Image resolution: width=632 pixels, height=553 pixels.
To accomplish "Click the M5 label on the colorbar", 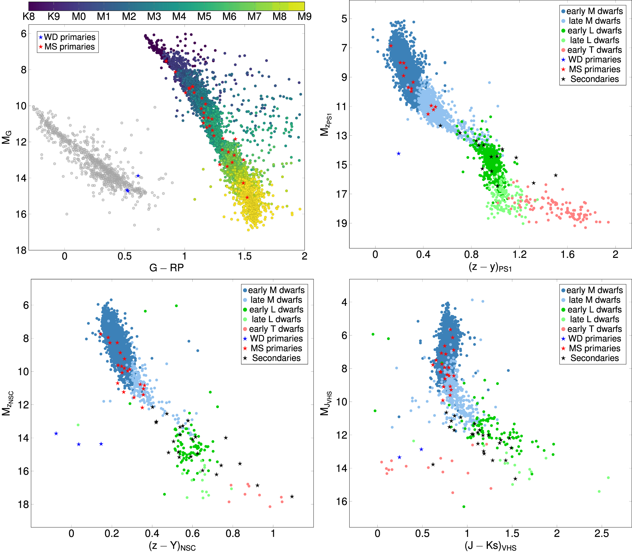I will (x=204, y=16).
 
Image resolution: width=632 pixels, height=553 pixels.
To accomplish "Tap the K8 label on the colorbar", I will (x=29, y=16).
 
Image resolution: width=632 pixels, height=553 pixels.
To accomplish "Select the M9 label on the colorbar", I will (x=304, y=16).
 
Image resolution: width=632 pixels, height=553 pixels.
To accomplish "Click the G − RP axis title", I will (x=167, y=268).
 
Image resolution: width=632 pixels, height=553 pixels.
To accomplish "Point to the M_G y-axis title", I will (x=7, y=137).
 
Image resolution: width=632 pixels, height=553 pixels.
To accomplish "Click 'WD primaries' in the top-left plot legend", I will (x=70, y=37).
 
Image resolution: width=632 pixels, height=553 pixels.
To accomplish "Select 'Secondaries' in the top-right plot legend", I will (x=594, y=79).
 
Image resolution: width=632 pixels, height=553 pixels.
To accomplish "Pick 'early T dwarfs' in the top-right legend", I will (x=594, y=50).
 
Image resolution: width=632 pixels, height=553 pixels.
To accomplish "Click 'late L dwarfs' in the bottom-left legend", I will (x=276, y=319).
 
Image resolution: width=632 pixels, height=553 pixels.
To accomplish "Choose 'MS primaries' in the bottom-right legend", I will (x=594, y=348).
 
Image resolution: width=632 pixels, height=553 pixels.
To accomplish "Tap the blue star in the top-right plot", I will (x=398, y=153).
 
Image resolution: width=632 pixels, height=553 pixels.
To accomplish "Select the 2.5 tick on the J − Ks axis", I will (x=601, y=533).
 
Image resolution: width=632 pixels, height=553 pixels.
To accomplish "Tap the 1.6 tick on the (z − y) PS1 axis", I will (x=568, y=255).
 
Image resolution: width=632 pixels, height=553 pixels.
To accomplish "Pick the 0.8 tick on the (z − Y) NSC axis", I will (x=233, y=533).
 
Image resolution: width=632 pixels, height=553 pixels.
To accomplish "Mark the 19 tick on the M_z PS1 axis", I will (x=342, y=223).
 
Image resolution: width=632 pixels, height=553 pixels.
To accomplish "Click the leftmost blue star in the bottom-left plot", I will (x=56, y=434).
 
